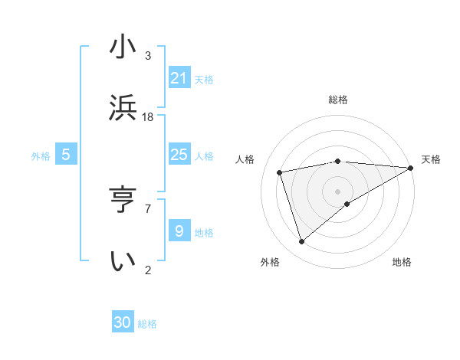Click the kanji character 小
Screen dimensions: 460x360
[123, 47]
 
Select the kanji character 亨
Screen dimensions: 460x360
[123, 200]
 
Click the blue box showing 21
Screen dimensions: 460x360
[179, 77]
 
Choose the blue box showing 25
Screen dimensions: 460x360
[179, 155]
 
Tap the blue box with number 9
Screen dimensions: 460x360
[179, 231]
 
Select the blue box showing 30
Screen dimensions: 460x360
[123, 322]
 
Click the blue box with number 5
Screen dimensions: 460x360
[66, 155]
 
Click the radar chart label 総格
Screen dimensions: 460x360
[338, 100]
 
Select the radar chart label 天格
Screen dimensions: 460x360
[431, 159]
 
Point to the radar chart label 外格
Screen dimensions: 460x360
[270, 262]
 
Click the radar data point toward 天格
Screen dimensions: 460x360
[411, 168]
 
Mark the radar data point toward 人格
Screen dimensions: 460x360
[281, 172]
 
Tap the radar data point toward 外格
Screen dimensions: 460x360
[302, 242]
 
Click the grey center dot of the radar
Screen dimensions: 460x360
[338, 191]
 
